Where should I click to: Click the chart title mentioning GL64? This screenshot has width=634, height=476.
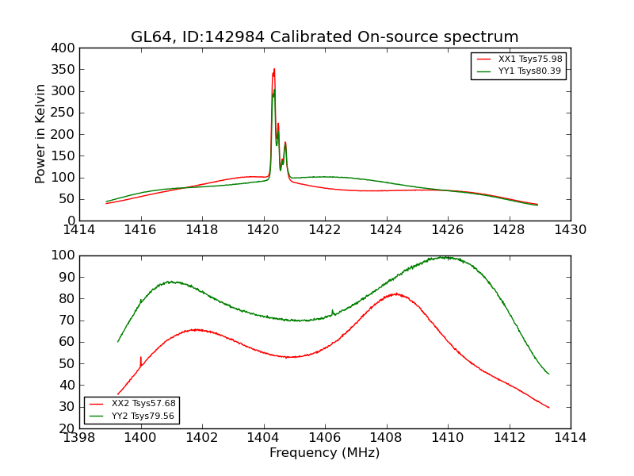(325, 37)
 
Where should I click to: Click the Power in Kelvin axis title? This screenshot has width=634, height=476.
(41, 134)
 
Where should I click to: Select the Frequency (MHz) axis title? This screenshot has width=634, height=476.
(325, 453)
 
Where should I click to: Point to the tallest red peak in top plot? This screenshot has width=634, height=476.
(274, 69)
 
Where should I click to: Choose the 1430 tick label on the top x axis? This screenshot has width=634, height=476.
(570, 230)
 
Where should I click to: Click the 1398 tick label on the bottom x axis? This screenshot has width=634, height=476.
(79, 438)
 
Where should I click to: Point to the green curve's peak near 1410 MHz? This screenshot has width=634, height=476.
(445, 257)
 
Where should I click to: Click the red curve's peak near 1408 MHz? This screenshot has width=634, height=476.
(395, 294)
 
